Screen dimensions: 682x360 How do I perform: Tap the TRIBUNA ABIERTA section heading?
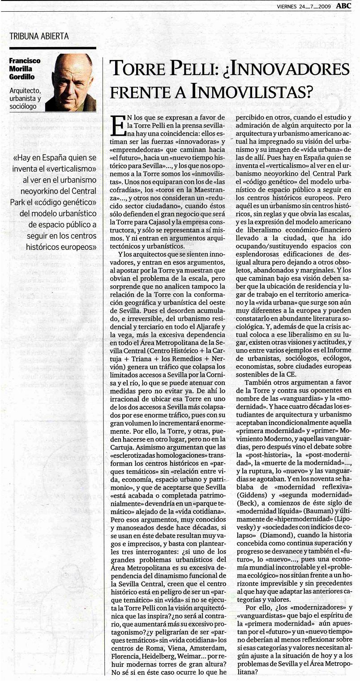coord(39,36)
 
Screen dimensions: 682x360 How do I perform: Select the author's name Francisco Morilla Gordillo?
coord(25,68)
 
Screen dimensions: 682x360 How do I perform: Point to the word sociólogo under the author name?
coord(23,107)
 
